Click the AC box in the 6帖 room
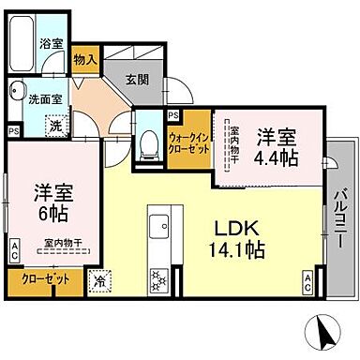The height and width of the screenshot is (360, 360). point(15,248)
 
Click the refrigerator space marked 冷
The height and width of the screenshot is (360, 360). point(100,278)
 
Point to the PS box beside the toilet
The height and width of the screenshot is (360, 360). point(172,115)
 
